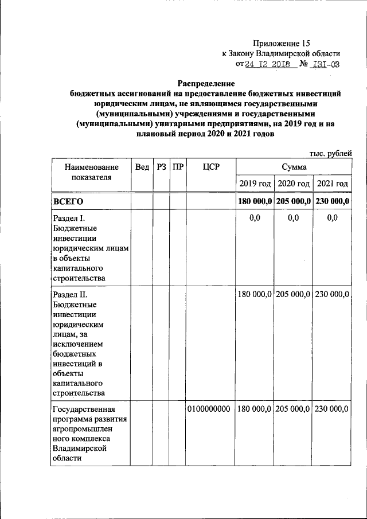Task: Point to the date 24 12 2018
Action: pyautogui.click(x=271, y=64)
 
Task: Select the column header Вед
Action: pyautogui.click(x=142, y=167)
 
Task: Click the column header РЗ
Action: pyautogui.click(x=161, y=167)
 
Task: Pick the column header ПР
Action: pyautogui.click(x=178, y=167)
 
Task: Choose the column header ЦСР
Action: pyautogui.click(x=211, y=167)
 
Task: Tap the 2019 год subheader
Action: pyautogui.click(x=255, y=184)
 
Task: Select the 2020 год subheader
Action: pyautogui.click(x=294, y=184)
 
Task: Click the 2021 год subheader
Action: pyautogui.click(x=333, y=184)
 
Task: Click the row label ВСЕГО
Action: pyautogui.click(x=68, y=202)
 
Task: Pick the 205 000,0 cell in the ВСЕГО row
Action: pyautogui.click(x=294, y=202)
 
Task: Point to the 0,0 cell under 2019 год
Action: pyautogui.click(x=255, y=218)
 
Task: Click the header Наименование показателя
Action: pyautogui.click(x=88, y=172)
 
